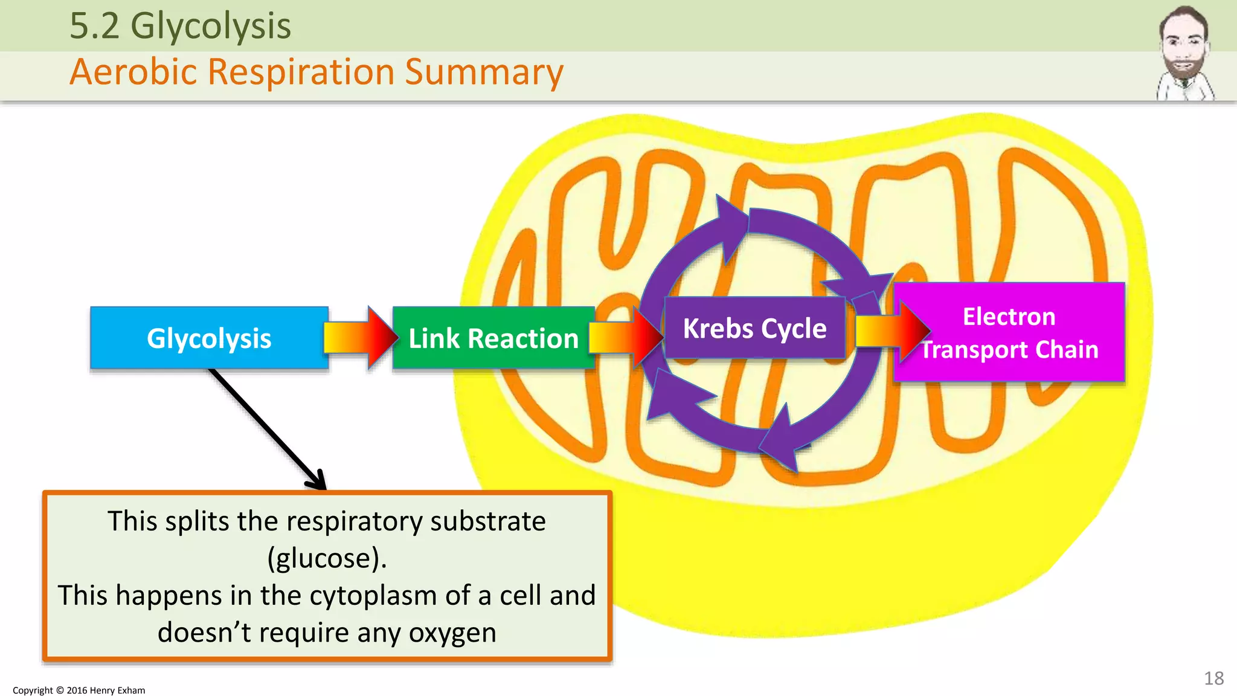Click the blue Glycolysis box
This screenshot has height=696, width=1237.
pos(209,338)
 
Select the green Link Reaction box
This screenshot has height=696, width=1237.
pos(493,338)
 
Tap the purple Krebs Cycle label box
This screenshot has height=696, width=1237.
pos(754,328)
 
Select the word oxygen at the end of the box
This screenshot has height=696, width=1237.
pos(452,633)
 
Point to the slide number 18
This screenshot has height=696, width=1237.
pos(1213,678)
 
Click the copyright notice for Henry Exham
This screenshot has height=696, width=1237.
pos(79,690)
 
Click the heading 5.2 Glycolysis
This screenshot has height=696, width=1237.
pos(180,26)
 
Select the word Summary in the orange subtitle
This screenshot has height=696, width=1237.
pos(484,72)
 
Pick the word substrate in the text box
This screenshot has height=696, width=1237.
pos(487,521)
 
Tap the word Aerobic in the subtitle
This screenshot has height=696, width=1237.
pos(133,72)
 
